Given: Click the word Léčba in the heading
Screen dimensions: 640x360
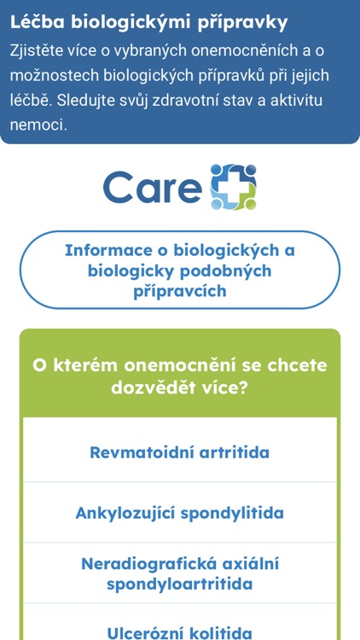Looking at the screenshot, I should tap(38, 23).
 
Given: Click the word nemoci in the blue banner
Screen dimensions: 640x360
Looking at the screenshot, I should tap(38, 125).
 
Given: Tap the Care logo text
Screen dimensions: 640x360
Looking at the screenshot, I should tap(152, 187).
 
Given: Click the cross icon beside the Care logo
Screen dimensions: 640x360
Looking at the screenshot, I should tap(234, 187).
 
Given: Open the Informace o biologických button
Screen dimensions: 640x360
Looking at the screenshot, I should tap(180, 271).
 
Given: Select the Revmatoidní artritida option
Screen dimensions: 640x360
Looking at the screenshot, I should tap(180, 452).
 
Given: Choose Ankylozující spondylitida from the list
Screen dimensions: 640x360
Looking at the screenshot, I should tap(180, 514).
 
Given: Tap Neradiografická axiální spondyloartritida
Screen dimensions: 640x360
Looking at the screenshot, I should tap(180, 574).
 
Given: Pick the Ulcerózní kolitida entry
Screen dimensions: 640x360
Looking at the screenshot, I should tap(180, 633).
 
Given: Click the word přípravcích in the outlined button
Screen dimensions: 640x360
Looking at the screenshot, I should tap(180, 291).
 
